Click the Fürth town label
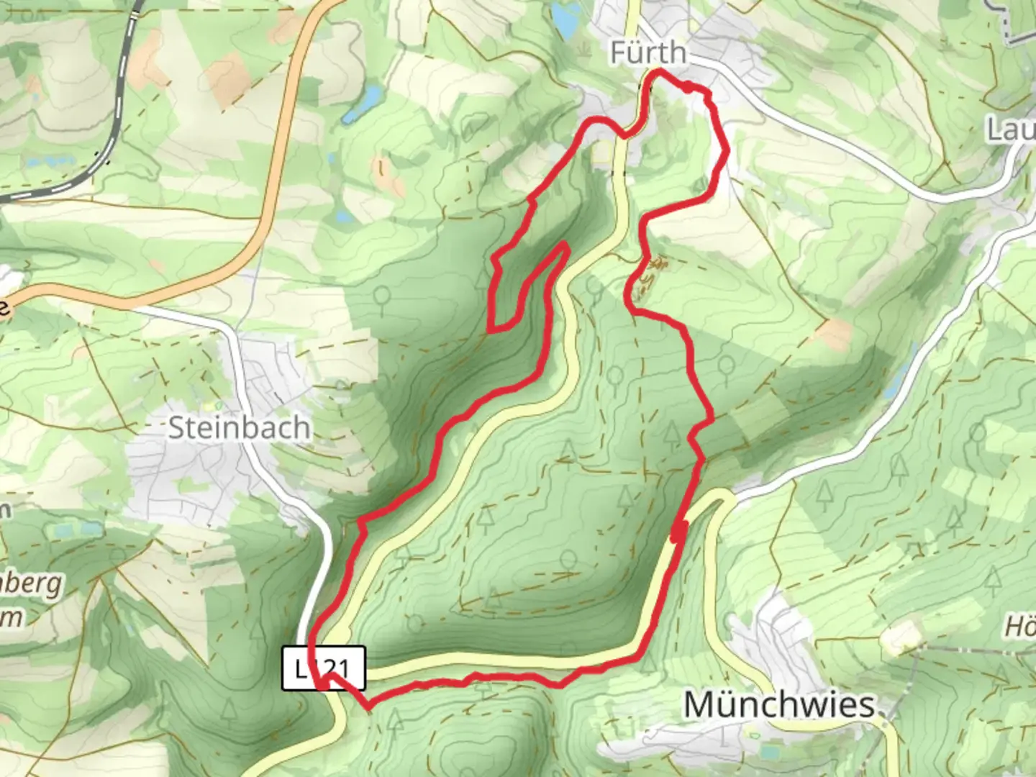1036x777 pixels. (648, 53)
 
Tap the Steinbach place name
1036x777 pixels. (239, 428)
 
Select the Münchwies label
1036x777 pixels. (779, 704)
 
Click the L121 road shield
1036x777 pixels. (324, 668)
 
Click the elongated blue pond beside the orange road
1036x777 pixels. (362, 102)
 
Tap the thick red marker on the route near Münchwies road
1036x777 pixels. (676, 532)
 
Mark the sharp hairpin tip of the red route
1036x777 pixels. (565, 246)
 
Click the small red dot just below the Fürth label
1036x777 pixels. (689, 88)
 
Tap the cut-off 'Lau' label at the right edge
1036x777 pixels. (1011, 129)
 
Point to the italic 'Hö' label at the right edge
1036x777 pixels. (1020, 627)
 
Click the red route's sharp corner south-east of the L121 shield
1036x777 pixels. (369, 708)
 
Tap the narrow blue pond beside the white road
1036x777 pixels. (892, 381)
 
